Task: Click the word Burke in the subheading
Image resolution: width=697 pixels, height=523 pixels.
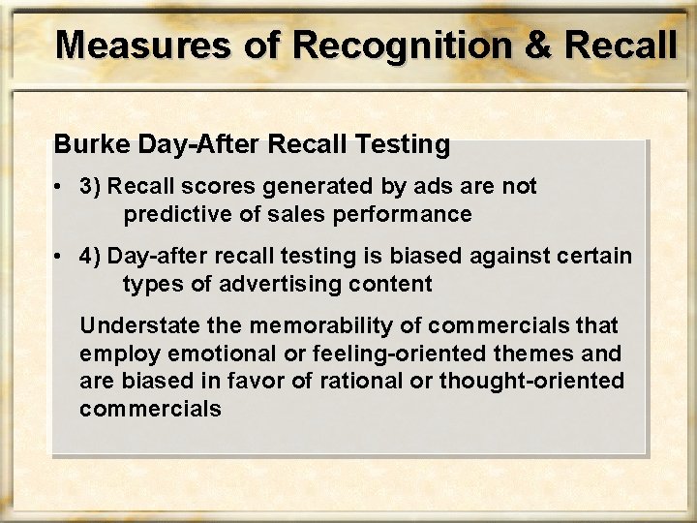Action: pos(84,146)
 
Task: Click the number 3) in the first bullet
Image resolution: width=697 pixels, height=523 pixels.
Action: pos(93,187)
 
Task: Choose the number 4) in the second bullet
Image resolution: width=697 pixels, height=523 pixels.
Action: pos(93,256)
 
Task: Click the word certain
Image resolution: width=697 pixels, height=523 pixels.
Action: pos(596,256)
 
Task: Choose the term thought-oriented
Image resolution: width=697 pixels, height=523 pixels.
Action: pos(546,381)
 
